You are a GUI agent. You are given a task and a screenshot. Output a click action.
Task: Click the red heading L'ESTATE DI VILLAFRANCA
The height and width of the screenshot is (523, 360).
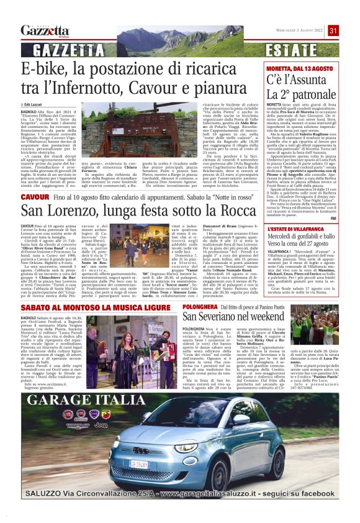pyautogui.click(x=294, y=230)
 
